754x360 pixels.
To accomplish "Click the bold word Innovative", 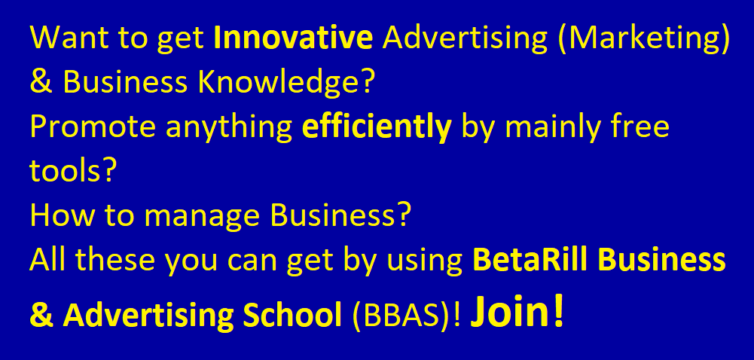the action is [293, 38].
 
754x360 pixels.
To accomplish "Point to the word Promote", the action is [93, 127].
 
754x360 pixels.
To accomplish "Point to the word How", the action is [63, 216].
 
